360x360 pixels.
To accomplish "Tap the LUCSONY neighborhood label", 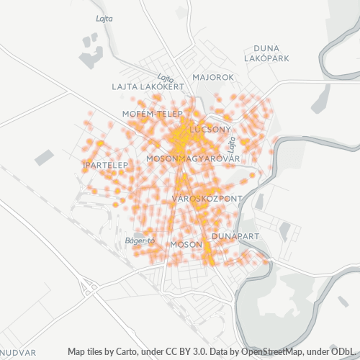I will click(210, 130).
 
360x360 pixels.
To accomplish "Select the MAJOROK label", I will click(214, 77).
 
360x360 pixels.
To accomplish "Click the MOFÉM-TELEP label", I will click(149, 113).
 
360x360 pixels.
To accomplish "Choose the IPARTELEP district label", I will click(104, 166).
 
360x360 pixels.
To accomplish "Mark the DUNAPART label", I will click(235, 235).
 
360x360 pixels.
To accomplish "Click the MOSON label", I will click(186, 245).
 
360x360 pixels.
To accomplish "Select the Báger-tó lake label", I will click(140, 240).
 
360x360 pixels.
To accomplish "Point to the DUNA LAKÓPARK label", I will click(266, 52).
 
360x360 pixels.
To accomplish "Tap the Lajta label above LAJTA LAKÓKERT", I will click(166, 78).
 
